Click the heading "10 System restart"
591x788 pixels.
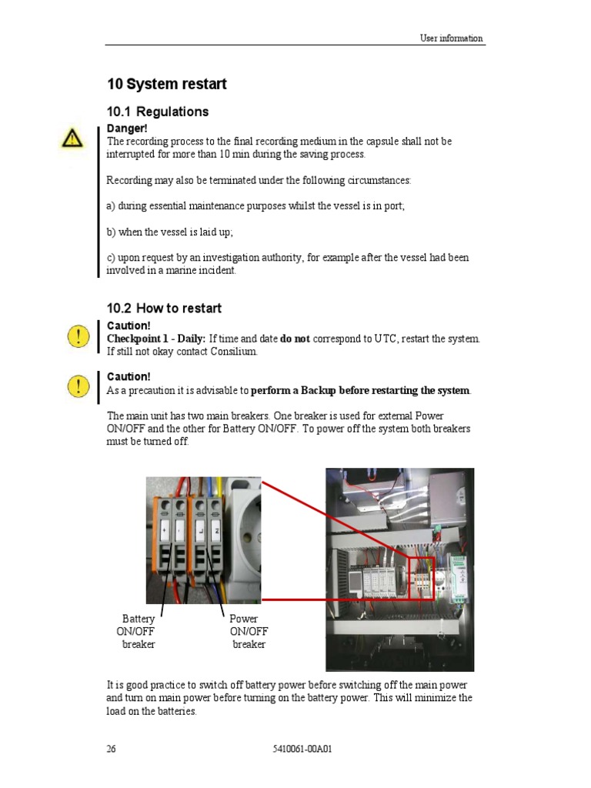click(x=166, y=84)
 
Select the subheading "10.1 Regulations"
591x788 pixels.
click(x=157, y=112)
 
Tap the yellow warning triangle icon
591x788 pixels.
click(x=72, y=139)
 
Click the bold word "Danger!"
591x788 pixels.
click(x=126, y=129)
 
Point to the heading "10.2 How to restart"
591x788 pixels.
click(x=163, y=308)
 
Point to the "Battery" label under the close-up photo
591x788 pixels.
click(x=139, y=619)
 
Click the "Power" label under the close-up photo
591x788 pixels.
click(x=244, y=619)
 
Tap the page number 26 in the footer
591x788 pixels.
click(x=112, y=749)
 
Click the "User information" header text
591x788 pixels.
click(x=451, y=38)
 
